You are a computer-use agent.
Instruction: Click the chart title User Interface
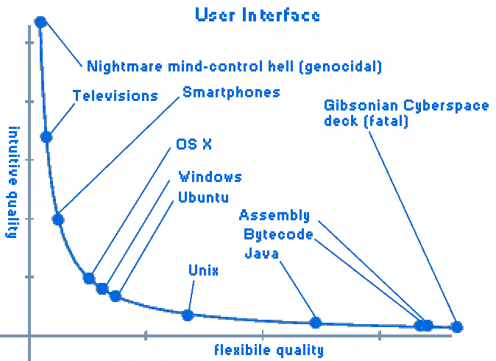point(258,14)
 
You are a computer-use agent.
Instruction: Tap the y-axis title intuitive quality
point(13,182)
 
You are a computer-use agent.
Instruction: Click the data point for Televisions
point(46,137)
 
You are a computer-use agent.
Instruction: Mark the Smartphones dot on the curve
point(58,219)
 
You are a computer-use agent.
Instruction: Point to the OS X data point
point(89,278)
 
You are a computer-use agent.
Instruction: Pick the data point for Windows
point(102,288)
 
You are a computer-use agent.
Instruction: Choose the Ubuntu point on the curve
point(116,295)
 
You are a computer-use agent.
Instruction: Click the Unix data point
point(188,315)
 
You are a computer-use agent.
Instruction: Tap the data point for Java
point(316,322)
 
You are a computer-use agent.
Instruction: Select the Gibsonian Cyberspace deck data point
point(456,326)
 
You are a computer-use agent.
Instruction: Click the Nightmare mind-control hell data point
point(40,22)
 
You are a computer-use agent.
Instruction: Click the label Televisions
point(116,96)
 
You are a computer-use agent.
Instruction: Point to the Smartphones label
point(231,92)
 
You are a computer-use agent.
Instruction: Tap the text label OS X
point(194,144)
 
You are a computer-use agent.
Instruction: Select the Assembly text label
point(274,215)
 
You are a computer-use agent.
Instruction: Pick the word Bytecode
point(278,234)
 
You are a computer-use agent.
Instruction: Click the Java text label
point(262,254)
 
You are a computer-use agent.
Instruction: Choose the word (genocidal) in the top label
point(344,66)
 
